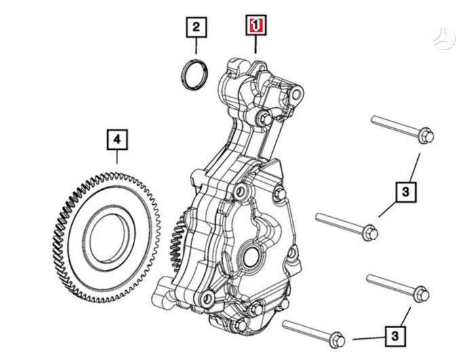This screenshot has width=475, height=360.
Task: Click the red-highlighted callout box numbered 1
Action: pyautogui.click(x=256, y=25)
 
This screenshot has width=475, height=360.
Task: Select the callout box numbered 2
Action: pyautogui.click(x=196, y=27)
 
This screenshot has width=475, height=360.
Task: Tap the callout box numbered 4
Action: pyautogui.click(x=117, y=139)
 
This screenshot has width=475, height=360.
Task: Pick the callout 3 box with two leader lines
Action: pyautogui.click(x=406, y=192)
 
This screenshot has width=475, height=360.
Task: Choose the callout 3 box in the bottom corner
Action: pyautogui.click(x=395, y=336)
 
